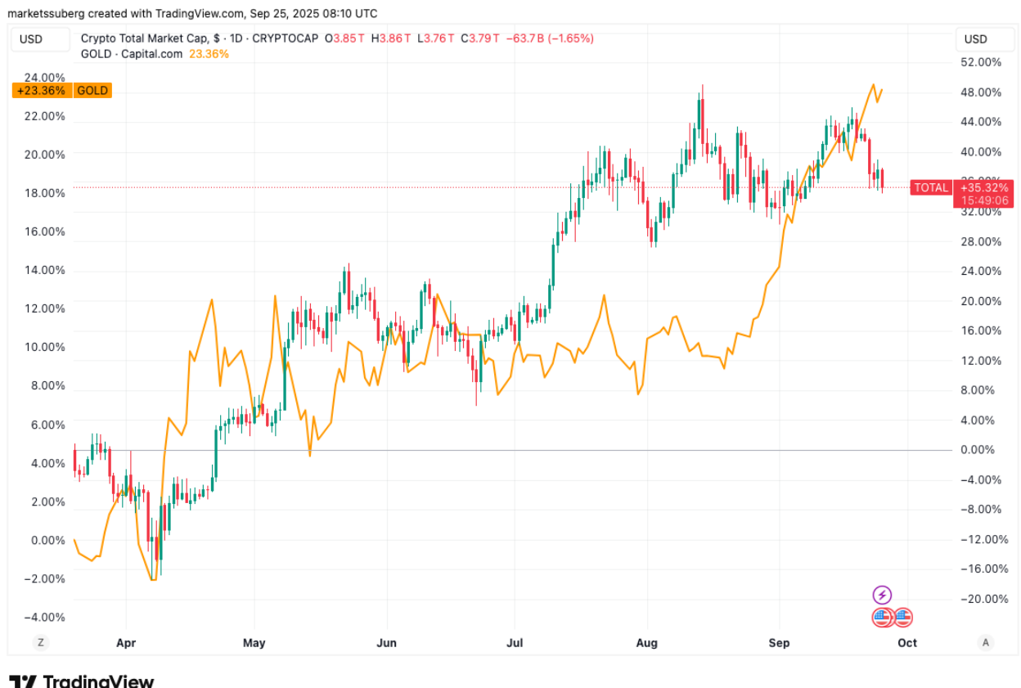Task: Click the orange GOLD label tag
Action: [92, 91]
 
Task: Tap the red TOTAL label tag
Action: [931, 188]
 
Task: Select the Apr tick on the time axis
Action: [126, 643]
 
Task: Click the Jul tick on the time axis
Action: [515, 643]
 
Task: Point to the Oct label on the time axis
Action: [907, 643]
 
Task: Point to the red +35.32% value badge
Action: [986, 188]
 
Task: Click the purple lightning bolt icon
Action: [882, 595]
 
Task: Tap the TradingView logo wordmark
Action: [82, 681]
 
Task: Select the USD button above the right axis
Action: [975, 39]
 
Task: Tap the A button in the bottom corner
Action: [986, 643]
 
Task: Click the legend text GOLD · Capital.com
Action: [133, 54]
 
